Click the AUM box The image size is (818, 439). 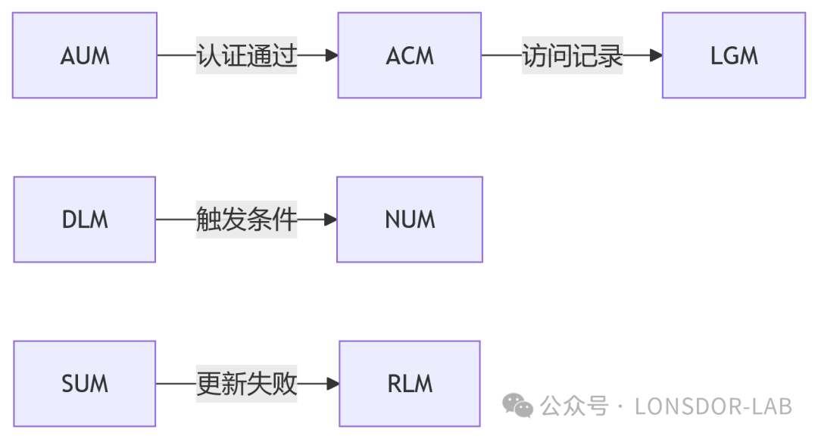click(x=85, y=55)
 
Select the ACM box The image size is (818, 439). click(x=410, y=55)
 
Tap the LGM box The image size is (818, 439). click(x=734, y=55)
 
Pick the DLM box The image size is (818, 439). click(x=85, y=219)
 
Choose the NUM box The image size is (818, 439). click(x=410, y=219)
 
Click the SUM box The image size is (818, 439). click(x=85, y=384)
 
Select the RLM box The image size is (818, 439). click(x=410, y=384)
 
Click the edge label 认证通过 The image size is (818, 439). click(x=246, y=55)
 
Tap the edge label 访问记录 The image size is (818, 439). click(x=572, y=55)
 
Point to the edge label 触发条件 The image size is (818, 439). click(x=246, y=219)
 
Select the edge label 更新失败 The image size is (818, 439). click(x=246, y=384)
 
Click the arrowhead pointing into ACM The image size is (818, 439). click(x=330, y=55)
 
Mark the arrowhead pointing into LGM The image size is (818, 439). click(x=655, y=55)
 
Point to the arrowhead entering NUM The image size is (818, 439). click(x=329, y=219)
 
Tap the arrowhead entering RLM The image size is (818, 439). click(x=332, y=384)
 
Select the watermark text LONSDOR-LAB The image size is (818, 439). click(x=713, y=406)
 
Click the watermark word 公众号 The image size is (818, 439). click(x=574, y=406)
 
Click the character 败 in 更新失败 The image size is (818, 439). click(x=285, y=384)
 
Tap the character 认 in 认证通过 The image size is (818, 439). click(x=208, y=55)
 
